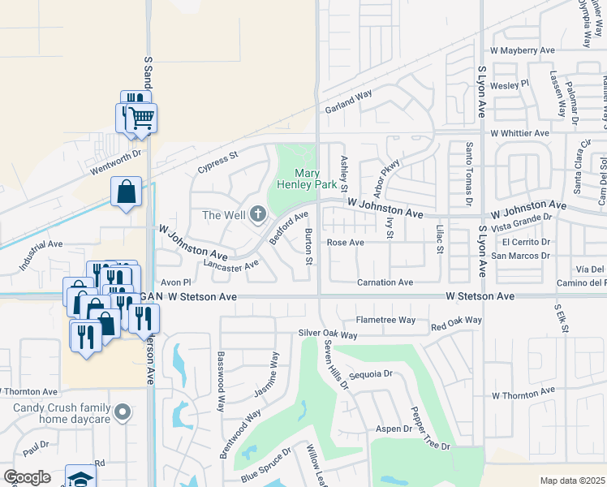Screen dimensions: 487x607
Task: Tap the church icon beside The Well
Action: [258, 214]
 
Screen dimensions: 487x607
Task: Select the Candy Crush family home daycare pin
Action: [123, 412]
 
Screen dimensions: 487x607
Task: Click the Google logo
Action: [27, 477]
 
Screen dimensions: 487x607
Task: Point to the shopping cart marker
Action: [141, 119]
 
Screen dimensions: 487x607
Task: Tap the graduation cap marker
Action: [80, 478]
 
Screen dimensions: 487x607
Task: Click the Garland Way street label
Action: [348, 101]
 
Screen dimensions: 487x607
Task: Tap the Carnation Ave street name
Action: [385, 282]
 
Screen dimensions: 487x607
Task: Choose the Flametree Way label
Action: [385, 320]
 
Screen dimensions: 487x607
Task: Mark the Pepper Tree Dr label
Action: [430, 429]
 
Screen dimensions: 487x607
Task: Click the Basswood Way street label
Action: [220, 381]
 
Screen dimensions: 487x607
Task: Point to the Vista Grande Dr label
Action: [523, 222]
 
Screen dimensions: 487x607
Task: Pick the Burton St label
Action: [308, 247]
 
